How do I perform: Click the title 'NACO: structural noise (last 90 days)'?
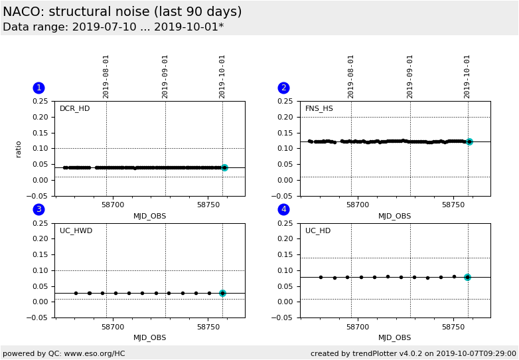122,12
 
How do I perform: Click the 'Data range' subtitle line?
113,27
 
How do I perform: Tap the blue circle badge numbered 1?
38,88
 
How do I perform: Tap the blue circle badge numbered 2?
283,88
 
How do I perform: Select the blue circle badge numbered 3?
38,210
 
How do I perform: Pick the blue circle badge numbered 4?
283,210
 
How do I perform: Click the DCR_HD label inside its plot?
74,109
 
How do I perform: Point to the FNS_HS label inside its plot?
319,109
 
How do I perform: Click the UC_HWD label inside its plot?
76,231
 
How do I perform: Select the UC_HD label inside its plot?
318,231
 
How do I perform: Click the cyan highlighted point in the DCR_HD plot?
224,168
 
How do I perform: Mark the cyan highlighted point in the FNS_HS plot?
469,141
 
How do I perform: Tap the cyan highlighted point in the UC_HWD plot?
222,293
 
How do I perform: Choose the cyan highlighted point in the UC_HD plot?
467,277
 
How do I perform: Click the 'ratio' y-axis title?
19,148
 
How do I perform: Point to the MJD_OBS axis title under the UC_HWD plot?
150,338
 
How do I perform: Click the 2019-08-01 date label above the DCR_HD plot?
106,76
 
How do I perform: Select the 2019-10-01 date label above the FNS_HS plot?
467,76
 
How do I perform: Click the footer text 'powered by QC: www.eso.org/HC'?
64,353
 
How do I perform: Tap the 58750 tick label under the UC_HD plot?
453,327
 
